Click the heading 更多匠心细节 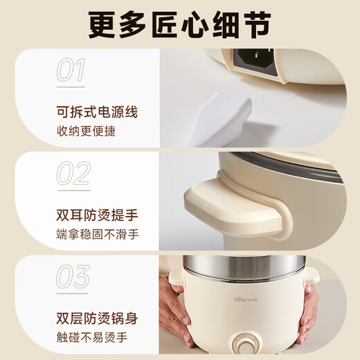point(180,25)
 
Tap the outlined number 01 point(71,71)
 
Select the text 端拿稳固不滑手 point(98,234)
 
